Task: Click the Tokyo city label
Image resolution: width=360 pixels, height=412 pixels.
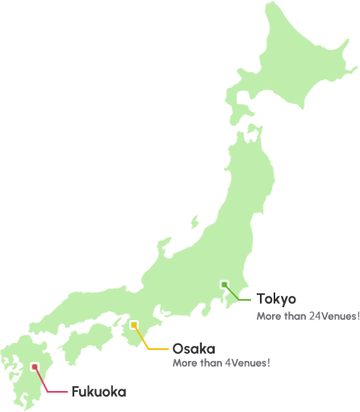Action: (276, 299)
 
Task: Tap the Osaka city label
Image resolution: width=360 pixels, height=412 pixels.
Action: (193, 349)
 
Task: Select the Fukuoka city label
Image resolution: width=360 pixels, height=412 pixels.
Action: (98, 392)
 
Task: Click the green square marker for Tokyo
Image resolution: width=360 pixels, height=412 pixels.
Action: (224, 285)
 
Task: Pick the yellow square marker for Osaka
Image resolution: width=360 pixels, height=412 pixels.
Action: (134, 325)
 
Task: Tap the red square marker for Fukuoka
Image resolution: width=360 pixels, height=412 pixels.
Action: (35, 367)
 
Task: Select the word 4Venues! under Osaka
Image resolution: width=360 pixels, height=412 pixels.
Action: (247, 363)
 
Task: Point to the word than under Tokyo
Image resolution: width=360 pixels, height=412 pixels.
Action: (295, 316)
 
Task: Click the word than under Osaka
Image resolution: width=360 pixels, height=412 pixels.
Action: (211, 363)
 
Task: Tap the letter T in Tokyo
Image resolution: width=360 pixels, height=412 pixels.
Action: (262, 299)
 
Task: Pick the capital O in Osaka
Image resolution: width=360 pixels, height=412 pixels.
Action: (178, 349)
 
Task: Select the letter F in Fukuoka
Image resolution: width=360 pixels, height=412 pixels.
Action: (75, 392)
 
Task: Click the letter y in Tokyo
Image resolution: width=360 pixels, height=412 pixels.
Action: (283, 301)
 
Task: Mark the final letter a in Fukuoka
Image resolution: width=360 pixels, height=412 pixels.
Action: (122, 393)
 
